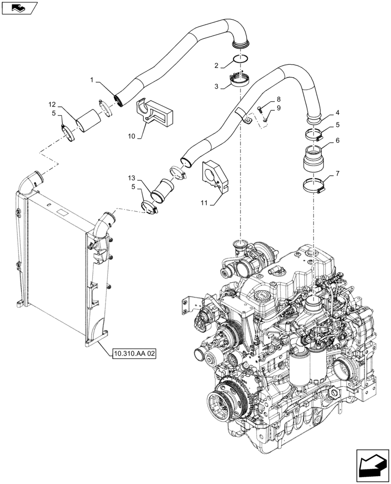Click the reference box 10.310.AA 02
point(135,354)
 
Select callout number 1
point(91,79)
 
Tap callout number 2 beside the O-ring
point(218,65)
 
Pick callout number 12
point(52,104)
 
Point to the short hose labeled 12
point(88,121)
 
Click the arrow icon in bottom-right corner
point(371,465)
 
